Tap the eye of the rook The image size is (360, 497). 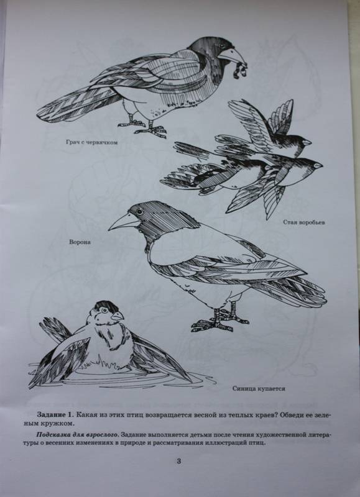tap(221, 46)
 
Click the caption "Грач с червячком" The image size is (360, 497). tap(91, 143)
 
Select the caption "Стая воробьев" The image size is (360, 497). tap(304, 222)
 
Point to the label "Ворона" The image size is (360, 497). tap(80, 242)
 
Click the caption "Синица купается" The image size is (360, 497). tap(259, 389)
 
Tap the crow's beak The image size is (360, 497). tap(124, 222)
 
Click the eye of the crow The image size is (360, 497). tap(139, 212)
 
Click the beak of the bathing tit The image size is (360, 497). tap(117, 316)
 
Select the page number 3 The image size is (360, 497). tap(178, 461)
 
